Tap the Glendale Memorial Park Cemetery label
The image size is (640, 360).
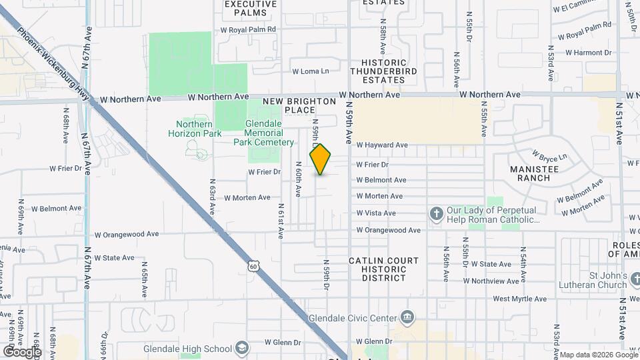264,133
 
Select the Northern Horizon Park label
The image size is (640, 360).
194,129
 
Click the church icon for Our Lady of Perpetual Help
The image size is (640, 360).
436,213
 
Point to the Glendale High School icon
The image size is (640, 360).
241,348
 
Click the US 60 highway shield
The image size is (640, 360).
253,266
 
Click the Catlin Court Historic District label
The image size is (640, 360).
384,269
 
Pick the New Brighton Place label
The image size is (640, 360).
299,105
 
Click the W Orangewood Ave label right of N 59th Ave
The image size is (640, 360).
388,231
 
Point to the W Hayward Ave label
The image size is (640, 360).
382,145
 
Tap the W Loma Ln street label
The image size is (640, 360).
311,71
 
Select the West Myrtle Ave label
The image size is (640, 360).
519,299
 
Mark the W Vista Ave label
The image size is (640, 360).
376,213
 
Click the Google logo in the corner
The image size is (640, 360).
21,351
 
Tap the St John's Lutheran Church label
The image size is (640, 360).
599,281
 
